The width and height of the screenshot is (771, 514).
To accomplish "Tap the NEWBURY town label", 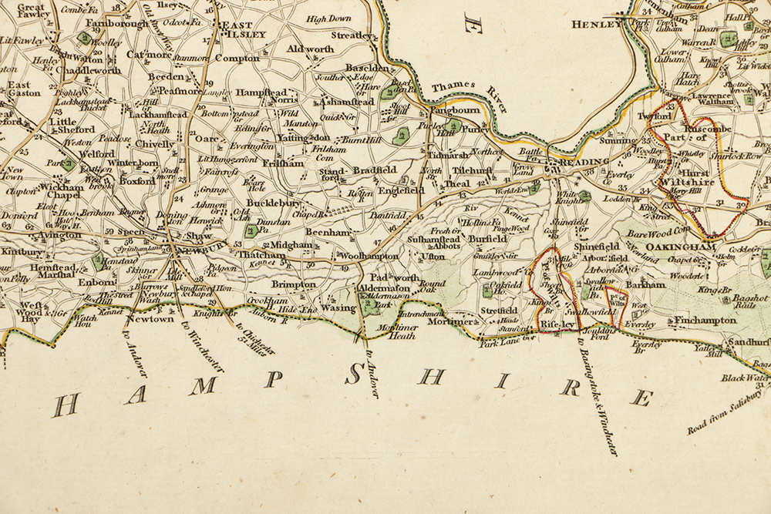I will (x=197, y=248).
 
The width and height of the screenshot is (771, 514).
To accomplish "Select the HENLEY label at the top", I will (x=595, y=25).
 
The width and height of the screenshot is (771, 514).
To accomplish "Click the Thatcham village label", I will (x=257, y=254).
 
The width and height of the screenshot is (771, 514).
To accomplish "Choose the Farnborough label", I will (x=117, y=24).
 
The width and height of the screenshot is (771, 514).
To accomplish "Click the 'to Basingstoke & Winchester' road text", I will (x=598, y=401).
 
